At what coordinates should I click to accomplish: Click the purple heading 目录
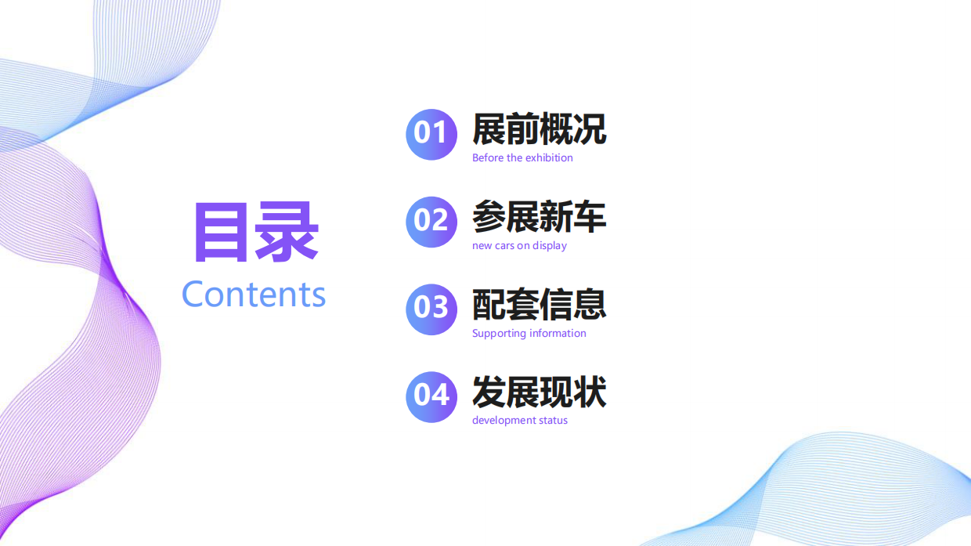coord(255,232)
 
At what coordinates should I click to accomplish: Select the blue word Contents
coord(254,295)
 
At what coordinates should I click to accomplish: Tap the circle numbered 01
coord(431,134)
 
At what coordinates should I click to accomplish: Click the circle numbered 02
coord(431,222)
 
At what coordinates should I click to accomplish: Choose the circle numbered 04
coord(431,396)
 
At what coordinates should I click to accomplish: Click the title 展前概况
coord(539,129)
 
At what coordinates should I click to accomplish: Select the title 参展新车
coord(539,217)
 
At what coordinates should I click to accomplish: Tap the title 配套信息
coord(539,305)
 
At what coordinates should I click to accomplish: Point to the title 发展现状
coord(539,392)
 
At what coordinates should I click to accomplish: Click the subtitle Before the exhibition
coord(522,158)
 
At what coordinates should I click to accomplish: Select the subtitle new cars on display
coord(519,246)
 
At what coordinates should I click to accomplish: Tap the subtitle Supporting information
coord(529,334)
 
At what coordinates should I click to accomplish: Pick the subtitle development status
coord(519,421)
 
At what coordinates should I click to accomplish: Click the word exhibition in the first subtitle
coord(549,158)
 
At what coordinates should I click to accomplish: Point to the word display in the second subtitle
coord(550,246)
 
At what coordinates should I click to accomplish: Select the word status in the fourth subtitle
coord(554,421)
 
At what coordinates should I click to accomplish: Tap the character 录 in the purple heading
coord(288,232)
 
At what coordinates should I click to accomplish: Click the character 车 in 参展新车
coord(590,217)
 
